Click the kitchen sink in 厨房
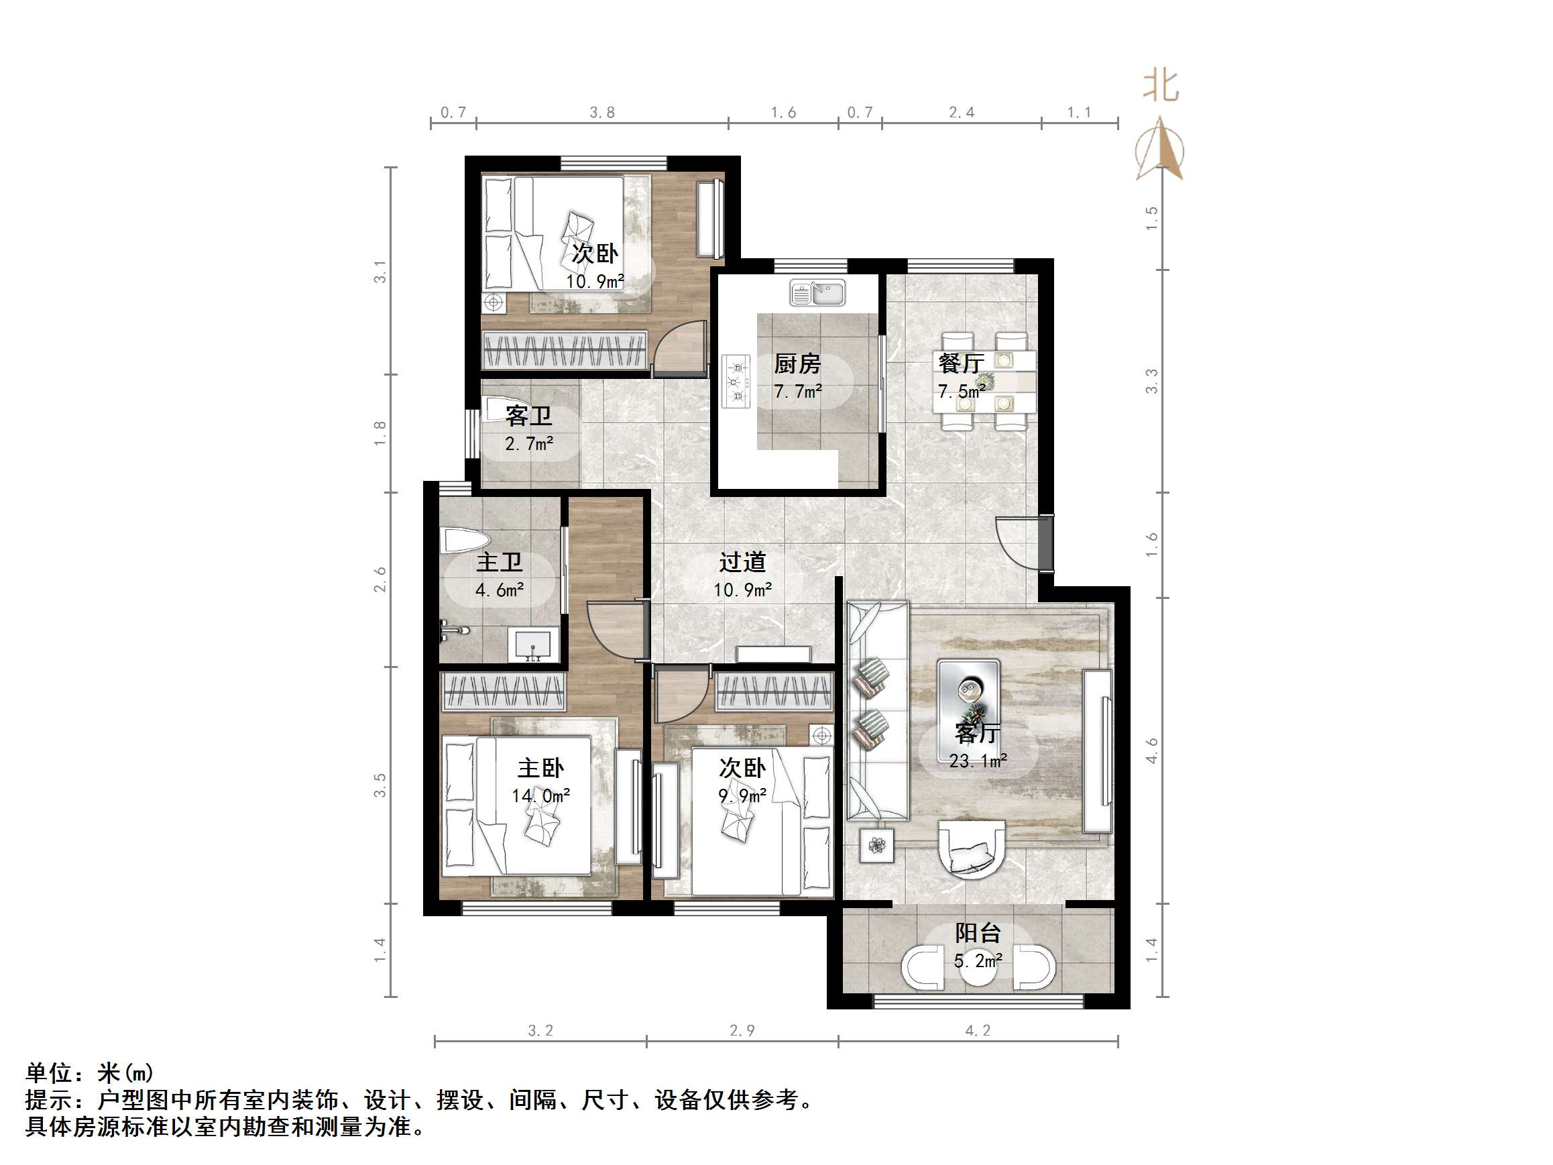(817, 293)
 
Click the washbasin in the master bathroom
(534, 645)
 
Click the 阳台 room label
(977, 933)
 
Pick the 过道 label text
(742, 562)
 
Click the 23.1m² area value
(978, 761)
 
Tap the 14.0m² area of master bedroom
(540, 795)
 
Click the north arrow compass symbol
(1160, 149)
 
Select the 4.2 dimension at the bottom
(977, 1030)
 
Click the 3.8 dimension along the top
(601, 113)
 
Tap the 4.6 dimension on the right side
(1151, 750)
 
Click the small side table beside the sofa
(877, 846)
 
